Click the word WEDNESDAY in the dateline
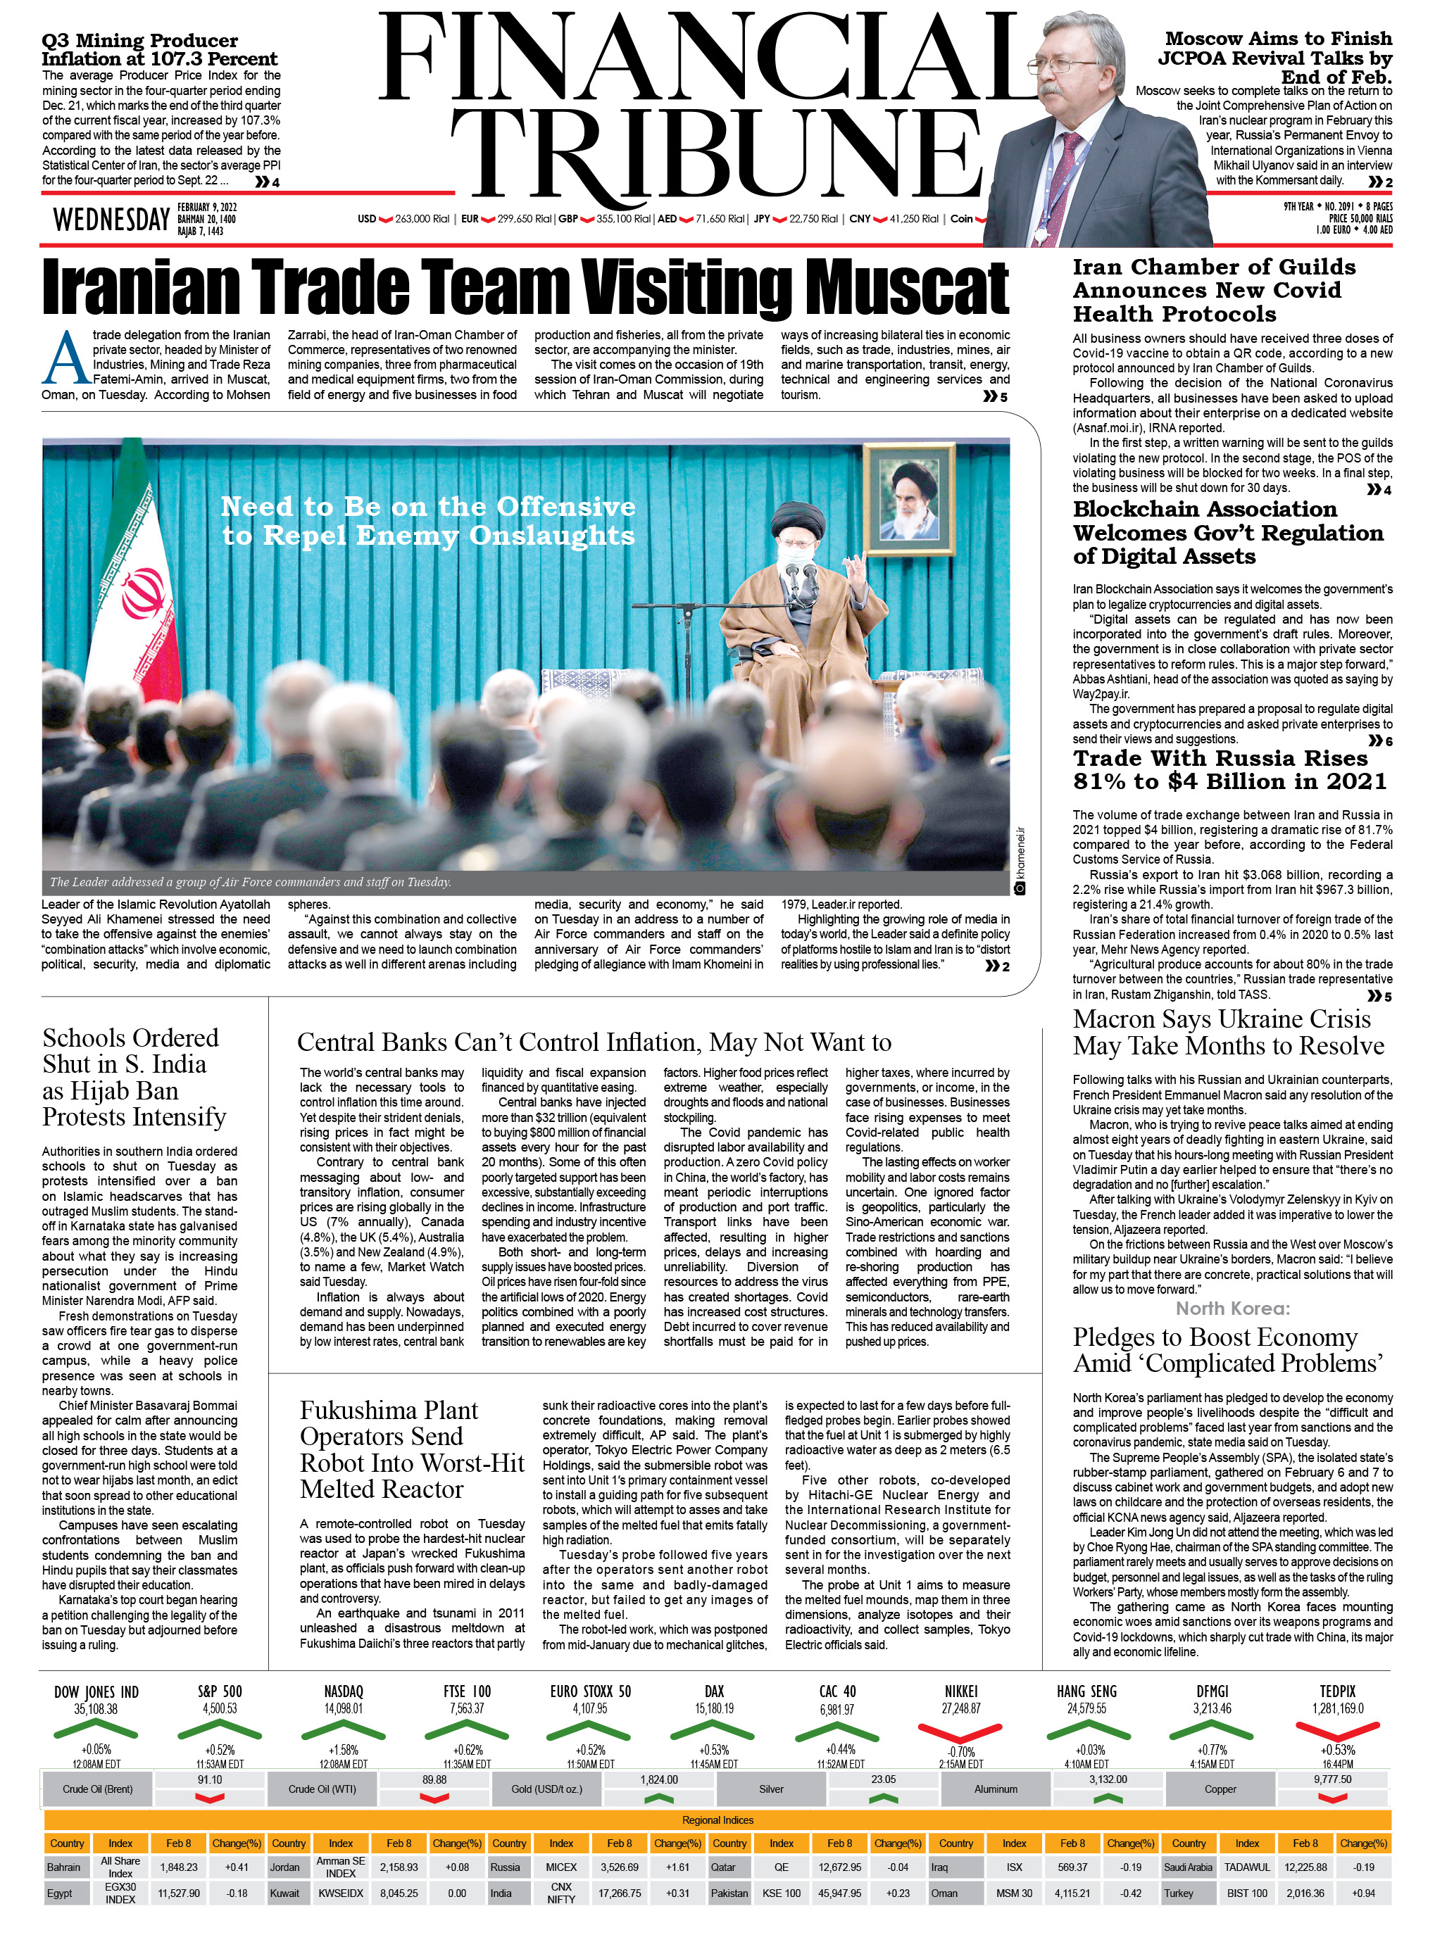click(111, 220)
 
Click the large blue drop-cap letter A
click(66, 357)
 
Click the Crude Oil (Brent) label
click(97, 1789)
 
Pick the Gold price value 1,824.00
click(658, 1779)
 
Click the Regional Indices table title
click(717, 1820)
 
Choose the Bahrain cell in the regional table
click(63, 1867)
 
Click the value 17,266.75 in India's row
click(620, 1893)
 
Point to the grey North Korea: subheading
click(1233, 1309)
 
